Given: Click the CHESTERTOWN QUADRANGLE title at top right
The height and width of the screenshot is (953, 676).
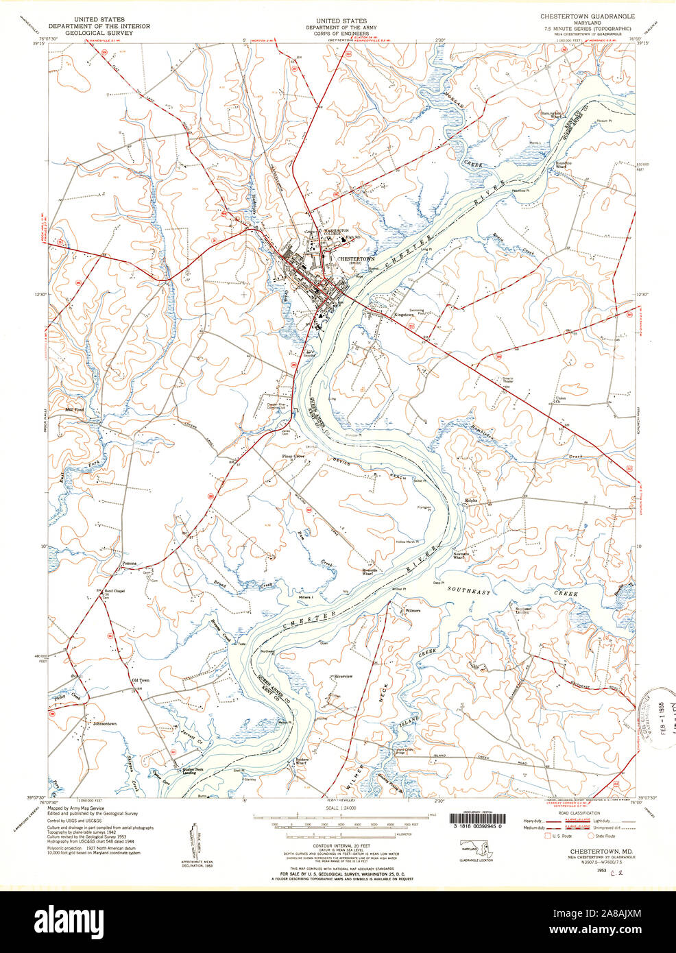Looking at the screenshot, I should pyautogui.click(x=588, y=16).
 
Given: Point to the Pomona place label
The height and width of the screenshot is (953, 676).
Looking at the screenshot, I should pyautogui.click(x=129, y=564).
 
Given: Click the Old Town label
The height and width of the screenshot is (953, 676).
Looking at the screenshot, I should pyautogui.click(x=140, y=680).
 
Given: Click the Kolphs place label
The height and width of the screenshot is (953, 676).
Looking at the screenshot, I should pyautogui.click(x=472, y=500).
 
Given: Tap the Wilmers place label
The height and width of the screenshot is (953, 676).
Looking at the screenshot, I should pyautogui.click(x=412, y=610).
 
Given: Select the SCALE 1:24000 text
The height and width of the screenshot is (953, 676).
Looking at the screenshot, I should pyautogui.click(x=337, y=808).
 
